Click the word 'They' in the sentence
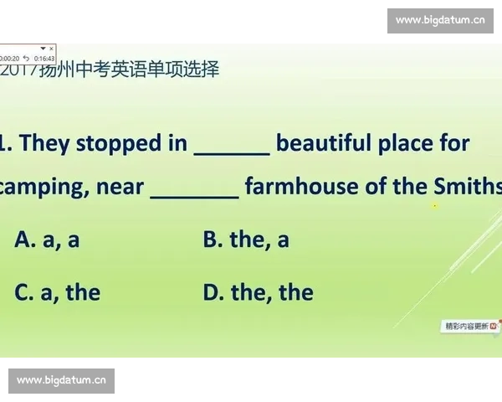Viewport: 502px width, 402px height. click(44, 143)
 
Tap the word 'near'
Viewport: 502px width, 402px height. click(120, 187)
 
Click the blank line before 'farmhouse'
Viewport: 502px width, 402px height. click(195, 195)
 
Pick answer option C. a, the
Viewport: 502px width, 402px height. click(57, 292)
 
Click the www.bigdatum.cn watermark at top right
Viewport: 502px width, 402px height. click(439, 20)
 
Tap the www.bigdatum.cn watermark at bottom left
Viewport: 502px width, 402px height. click(62, 381)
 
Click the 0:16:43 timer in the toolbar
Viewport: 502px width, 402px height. click(44, 59)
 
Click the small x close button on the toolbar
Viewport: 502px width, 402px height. click(52, 49)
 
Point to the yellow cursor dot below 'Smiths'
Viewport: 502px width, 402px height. click(435, 205)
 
